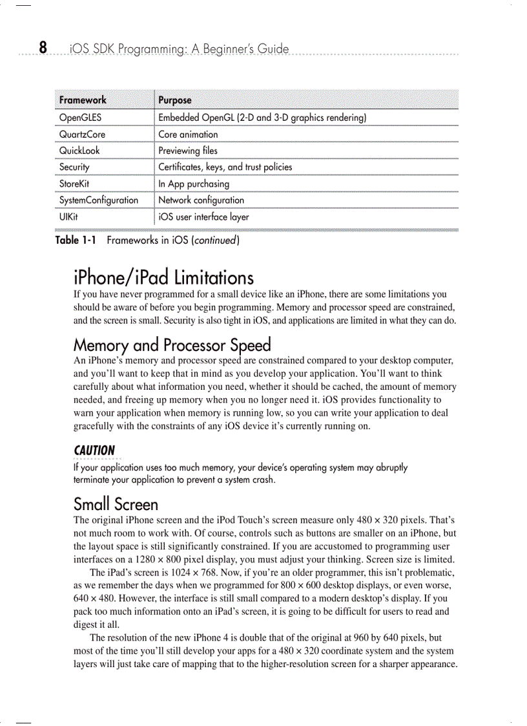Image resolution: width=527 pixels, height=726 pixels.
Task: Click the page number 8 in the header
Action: [43, 48]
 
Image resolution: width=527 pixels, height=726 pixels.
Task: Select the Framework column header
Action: [83, 100]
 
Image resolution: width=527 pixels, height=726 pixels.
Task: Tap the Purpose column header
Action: [175, 100]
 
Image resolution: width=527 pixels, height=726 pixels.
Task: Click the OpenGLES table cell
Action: [80, 118]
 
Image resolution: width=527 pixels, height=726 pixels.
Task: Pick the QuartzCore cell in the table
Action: [82, 134]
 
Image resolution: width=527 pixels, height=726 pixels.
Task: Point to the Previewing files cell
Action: [188, 151]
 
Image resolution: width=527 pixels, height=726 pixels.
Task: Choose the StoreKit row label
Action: [74, 184]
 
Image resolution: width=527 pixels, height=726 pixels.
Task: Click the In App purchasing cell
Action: [194, 184]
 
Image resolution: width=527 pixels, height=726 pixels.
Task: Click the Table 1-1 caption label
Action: [76, 240]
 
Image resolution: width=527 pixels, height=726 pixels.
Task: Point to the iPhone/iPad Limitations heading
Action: [163, 278]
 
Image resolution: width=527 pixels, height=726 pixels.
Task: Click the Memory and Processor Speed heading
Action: [172, 345]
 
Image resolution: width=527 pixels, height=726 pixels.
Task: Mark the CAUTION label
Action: [94, 450]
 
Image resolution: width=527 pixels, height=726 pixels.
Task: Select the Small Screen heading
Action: [116, 504]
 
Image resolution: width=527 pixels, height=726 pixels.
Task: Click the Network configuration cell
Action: [201, 200]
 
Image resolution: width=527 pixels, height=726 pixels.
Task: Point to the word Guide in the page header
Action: [273, 49]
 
